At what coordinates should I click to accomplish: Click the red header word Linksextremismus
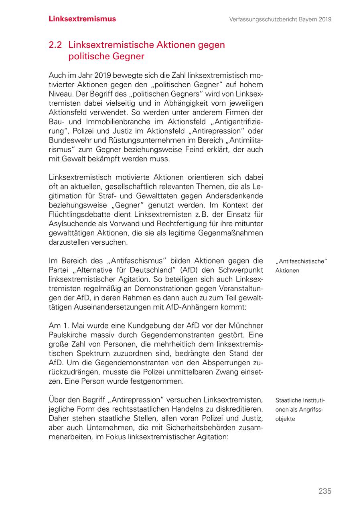(x=82, y=19)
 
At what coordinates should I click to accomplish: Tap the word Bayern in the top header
(x=306, y=19)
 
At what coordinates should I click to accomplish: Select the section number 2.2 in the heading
(x=55, y=45)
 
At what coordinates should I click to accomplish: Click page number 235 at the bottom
(x=325, y=491)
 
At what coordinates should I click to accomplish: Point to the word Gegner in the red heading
(x=128, y=56)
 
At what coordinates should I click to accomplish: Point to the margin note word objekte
(x=285, y=418)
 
